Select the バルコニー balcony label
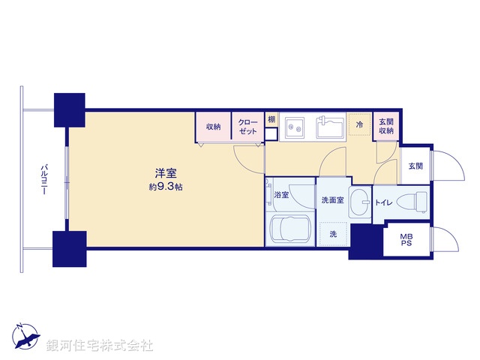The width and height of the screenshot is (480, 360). pyautogui.click(x=44, y=180)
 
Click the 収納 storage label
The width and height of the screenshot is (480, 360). pyautogui.click(x=214, y=127)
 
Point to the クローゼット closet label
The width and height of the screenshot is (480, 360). pyautogui.click(x=247, y=127)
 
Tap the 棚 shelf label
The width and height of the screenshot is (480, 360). pyautogui.click(x=271, y=120)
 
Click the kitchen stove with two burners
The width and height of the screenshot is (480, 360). pyautogui.click(x=292, y=128)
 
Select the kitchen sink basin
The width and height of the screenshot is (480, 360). pyautogui.click(x=330, y=127)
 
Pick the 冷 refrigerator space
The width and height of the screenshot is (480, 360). pyautogui.click(x=360, y=124)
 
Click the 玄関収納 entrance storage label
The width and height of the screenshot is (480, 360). pyautogui.click(x=385, y=126)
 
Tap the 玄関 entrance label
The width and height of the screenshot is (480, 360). pyautogui.click(x=415, y=166)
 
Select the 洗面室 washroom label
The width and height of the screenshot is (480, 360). pyautogui.click(x=332, y=200)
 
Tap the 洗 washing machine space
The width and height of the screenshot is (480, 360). pyautogui.click(x=332, y=234)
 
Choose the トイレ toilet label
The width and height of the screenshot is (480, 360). pyautogui.click(x=383, y=201)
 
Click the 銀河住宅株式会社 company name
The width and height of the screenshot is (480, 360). pyautogui.click(x=100, y=345)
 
